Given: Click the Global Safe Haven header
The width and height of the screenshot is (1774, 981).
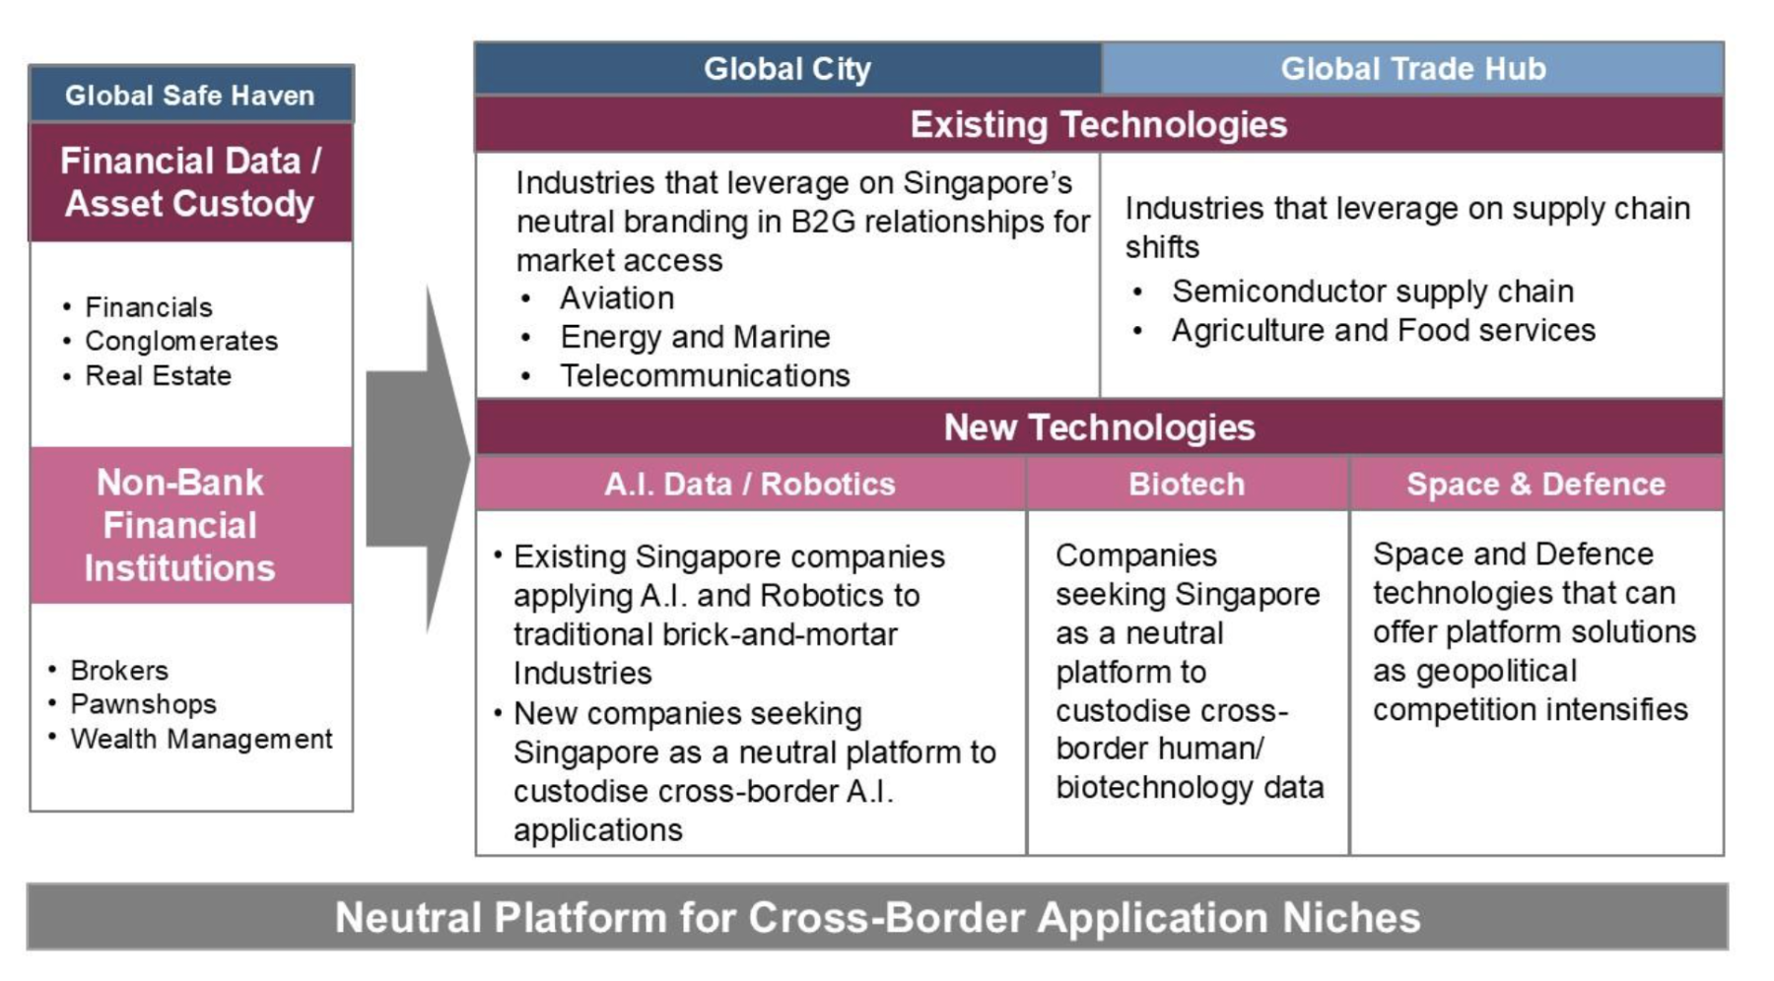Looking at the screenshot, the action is pyautogui.click(x=190, y=95).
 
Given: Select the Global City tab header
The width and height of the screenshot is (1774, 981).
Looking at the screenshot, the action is pyautogui.click(x=787, y=69).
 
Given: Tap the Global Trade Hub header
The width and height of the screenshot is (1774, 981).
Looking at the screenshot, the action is pyautogui.click(x=1412, y=69).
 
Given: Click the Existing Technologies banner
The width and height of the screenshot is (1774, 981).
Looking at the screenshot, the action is pyautogui.click(x=1099, y=124).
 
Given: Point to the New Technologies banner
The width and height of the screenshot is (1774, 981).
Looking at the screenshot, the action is pyautogui.click(x=1099, y=427).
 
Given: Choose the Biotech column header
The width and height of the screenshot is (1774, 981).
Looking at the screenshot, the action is pyautogui.click(x=1187, y=484).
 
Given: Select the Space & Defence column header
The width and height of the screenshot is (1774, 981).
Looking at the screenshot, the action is pyautogui.click(x=1536, y=484).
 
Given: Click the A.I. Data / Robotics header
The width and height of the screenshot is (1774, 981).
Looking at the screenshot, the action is pyautogui.click(x=750, y=484).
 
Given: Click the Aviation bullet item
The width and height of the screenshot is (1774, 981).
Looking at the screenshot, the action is pyautogui.click(x=617, y=298).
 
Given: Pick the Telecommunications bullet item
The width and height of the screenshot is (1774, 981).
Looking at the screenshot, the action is pyautogui.click(x=705, y=375).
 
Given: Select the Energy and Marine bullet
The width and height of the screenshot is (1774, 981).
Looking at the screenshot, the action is pyautogui.click(x=695, y=337).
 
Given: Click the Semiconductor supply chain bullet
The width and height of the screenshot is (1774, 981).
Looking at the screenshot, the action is pyautogui.click(x=1372, y=292).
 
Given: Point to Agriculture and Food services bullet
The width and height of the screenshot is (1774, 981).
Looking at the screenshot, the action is pyautogui.click(x=1383, y=330).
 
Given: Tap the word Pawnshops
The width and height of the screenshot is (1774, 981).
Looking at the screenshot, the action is pyautogui.click(x=144, y=704).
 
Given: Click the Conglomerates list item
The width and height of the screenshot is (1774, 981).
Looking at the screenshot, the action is pyautogui.click(x=181, y=341).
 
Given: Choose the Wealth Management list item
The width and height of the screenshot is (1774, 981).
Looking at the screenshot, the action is pyautogui.click(x=201, y=739).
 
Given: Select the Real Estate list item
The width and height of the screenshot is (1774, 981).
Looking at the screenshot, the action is pyautogui.click(x=158, y=375).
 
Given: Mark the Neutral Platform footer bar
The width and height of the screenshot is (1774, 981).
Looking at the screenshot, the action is pyautogui.click(x=877, y=917).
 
